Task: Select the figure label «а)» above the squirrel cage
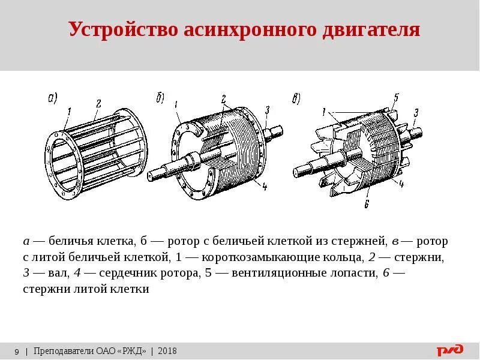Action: (x=52, y=97)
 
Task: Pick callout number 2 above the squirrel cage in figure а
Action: (x=97, y=103)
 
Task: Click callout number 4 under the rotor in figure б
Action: (x=264, y=187)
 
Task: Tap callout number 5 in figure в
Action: (x=396, y=97)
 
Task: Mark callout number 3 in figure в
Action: (x=415, y=112)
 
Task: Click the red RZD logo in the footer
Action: (x=450, y=351)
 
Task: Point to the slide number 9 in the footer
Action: (x=16, y=351)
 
